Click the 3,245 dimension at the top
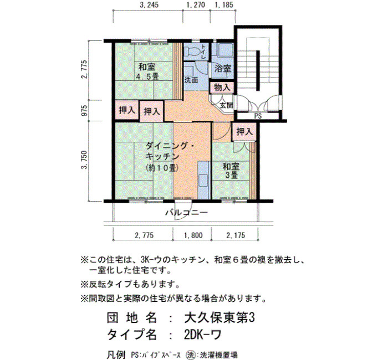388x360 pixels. [x=149, y=4]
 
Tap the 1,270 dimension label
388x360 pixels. [x=196, y=4]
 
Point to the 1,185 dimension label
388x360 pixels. [x=224, y=4]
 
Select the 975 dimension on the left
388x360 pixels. [x=84, y=111]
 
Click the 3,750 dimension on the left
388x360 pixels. [x=84, y=160]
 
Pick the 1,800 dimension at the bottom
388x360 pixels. [x=193, y=235]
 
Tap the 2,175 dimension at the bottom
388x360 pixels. [x=236, y=235]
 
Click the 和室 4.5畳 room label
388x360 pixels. [x=147, y=71]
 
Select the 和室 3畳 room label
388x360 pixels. [x=231, y=171]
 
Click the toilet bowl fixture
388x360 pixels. [x=193, y=52]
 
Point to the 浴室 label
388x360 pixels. [x=223, y=68]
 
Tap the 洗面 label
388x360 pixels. [x=191, y=80]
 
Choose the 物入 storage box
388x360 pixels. [x=222, y=88]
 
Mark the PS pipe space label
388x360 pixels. [x=258, y=116]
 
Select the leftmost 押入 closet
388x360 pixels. [x=127, y=110]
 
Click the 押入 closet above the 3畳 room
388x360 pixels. [x=244, y=132]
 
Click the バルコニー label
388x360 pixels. [x=187, y=213]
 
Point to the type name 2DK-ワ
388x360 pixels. [x=203, y=335]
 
